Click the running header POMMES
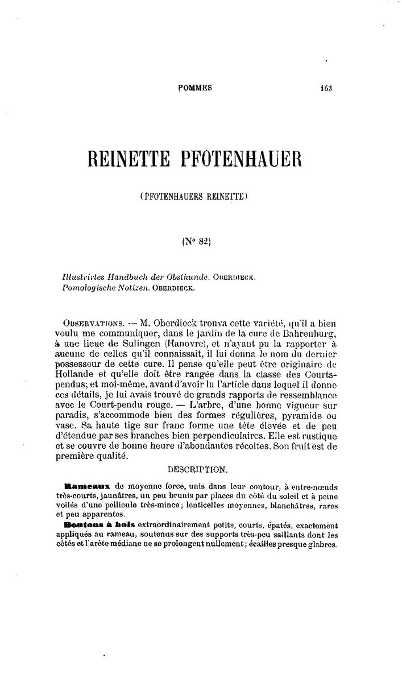(x=195, y=88)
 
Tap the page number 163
(x=326, y=88)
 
